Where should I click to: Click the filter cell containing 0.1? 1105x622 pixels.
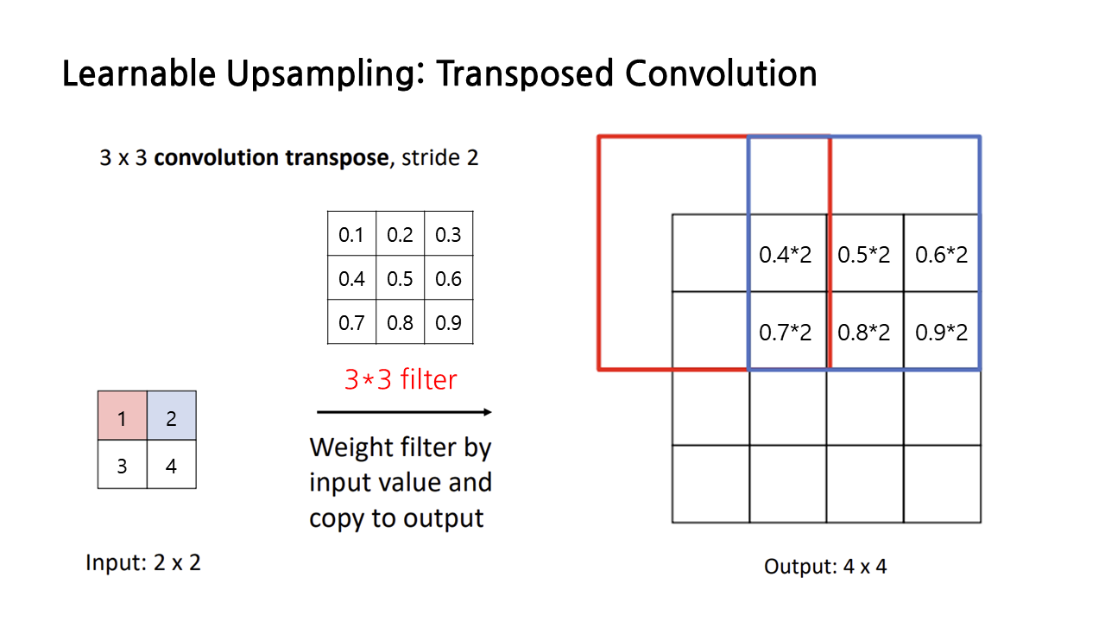[351, 234]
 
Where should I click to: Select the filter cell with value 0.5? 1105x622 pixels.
[401, 278]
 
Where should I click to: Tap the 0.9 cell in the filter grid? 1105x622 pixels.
[449, 322]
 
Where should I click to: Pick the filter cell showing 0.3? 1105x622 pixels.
[449, 234]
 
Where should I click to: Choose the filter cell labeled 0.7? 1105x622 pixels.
[351, 322]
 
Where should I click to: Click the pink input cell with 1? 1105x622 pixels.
[122, 416]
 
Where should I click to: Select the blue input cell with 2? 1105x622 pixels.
[171, 416]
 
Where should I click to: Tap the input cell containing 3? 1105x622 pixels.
[122, 465]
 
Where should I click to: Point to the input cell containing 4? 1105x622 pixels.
[171, 465]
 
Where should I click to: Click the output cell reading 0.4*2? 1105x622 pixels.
[786, 254]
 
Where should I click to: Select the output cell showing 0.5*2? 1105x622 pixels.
[864, 254]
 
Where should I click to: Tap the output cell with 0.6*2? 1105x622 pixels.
[942, 254]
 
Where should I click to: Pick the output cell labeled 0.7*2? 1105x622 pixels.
[786, 332]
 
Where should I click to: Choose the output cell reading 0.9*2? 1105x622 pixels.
[942, 332]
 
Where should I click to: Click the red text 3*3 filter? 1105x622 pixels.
[401, 378]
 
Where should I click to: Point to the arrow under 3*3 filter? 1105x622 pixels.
[404, 412]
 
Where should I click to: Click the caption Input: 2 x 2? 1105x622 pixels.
[143, 562]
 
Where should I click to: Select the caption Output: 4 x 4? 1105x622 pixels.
[825, 567]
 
